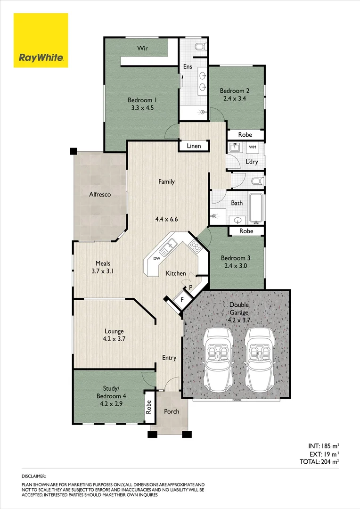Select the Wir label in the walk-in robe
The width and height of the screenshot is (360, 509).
point(143,48)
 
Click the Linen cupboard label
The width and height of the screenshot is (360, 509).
point(194,146)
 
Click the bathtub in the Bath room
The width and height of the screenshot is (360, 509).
point(256,208)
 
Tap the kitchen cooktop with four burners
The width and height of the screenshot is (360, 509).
point(194,245)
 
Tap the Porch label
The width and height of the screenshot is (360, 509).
point(172,411)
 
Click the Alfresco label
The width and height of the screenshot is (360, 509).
point(100,194)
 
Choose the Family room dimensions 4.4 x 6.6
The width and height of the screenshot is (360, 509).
point(166,219)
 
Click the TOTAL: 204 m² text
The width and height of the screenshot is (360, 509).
point(319,462)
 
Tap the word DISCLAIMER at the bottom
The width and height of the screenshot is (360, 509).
point(34,477)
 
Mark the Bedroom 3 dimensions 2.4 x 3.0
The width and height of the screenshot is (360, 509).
point(236,266)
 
